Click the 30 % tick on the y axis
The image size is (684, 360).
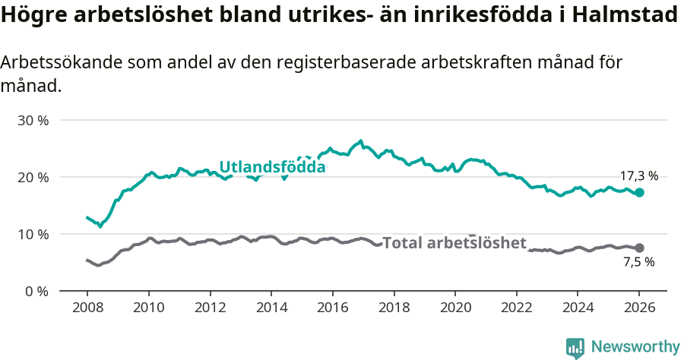(x=32, y=120)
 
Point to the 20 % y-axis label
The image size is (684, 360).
(x=32, y=177)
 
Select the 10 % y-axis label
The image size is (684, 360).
(x=32, y=234)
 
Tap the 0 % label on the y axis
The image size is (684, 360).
(x=35, y=291)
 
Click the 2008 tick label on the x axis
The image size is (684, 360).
(x=87, y=310)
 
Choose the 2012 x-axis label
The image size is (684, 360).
(x=210, y=310)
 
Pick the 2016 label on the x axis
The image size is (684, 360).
(x=332, y=310)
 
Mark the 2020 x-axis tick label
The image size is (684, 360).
(x=454, y=310)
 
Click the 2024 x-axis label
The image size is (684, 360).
(x=577, y=310)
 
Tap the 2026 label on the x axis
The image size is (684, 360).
(x=638, y=310)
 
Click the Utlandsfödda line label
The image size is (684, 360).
(x=272, y=167)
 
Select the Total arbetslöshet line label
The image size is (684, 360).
(x=454, y=243)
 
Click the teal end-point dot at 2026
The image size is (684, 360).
(x=639, y=193)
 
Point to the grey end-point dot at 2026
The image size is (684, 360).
(x=639, y=248)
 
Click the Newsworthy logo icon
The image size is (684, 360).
(x=575, y=347)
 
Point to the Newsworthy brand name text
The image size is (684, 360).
(x=635, y=347)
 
